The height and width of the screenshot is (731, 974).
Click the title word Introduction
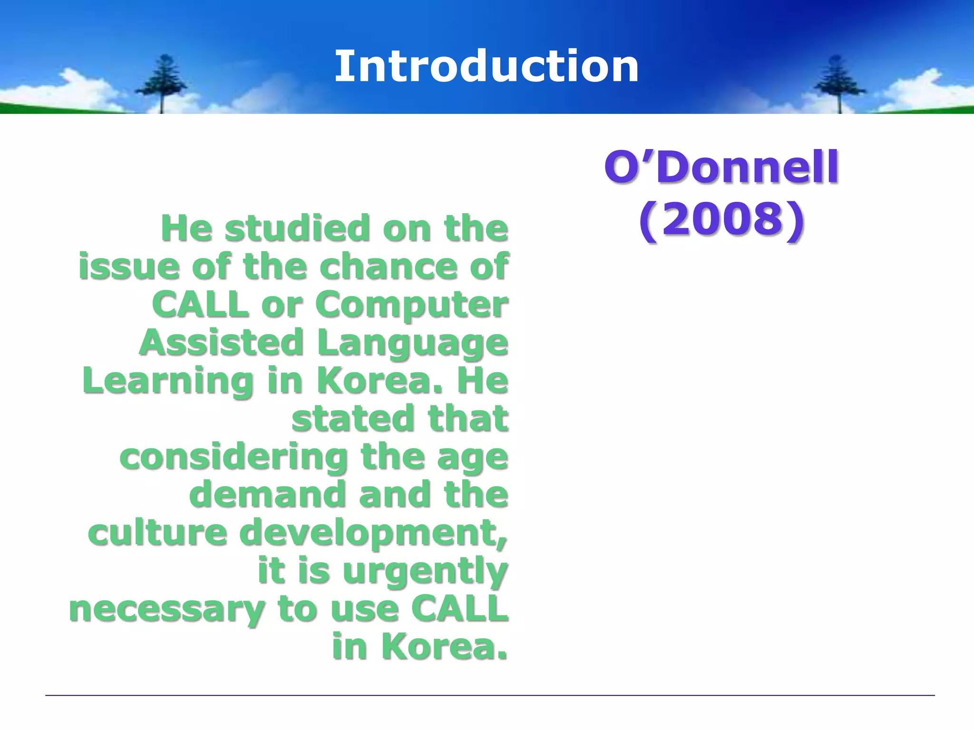click(487, 67)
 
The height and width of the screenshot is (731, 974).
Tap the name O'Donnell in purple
click(721, 167)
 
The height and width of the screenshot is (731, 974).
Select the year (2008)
click(721, 219)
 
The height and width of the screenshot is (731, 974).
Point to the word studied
click(297, 228)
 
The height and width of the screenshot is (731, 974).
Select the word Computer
click(412, 306)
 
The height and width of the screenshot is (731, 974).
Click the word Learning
click(168, 382)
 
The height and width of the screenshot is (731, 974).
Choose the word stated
click(353, 419)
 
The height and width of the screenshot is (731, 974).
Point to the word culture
click(157, 533)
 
